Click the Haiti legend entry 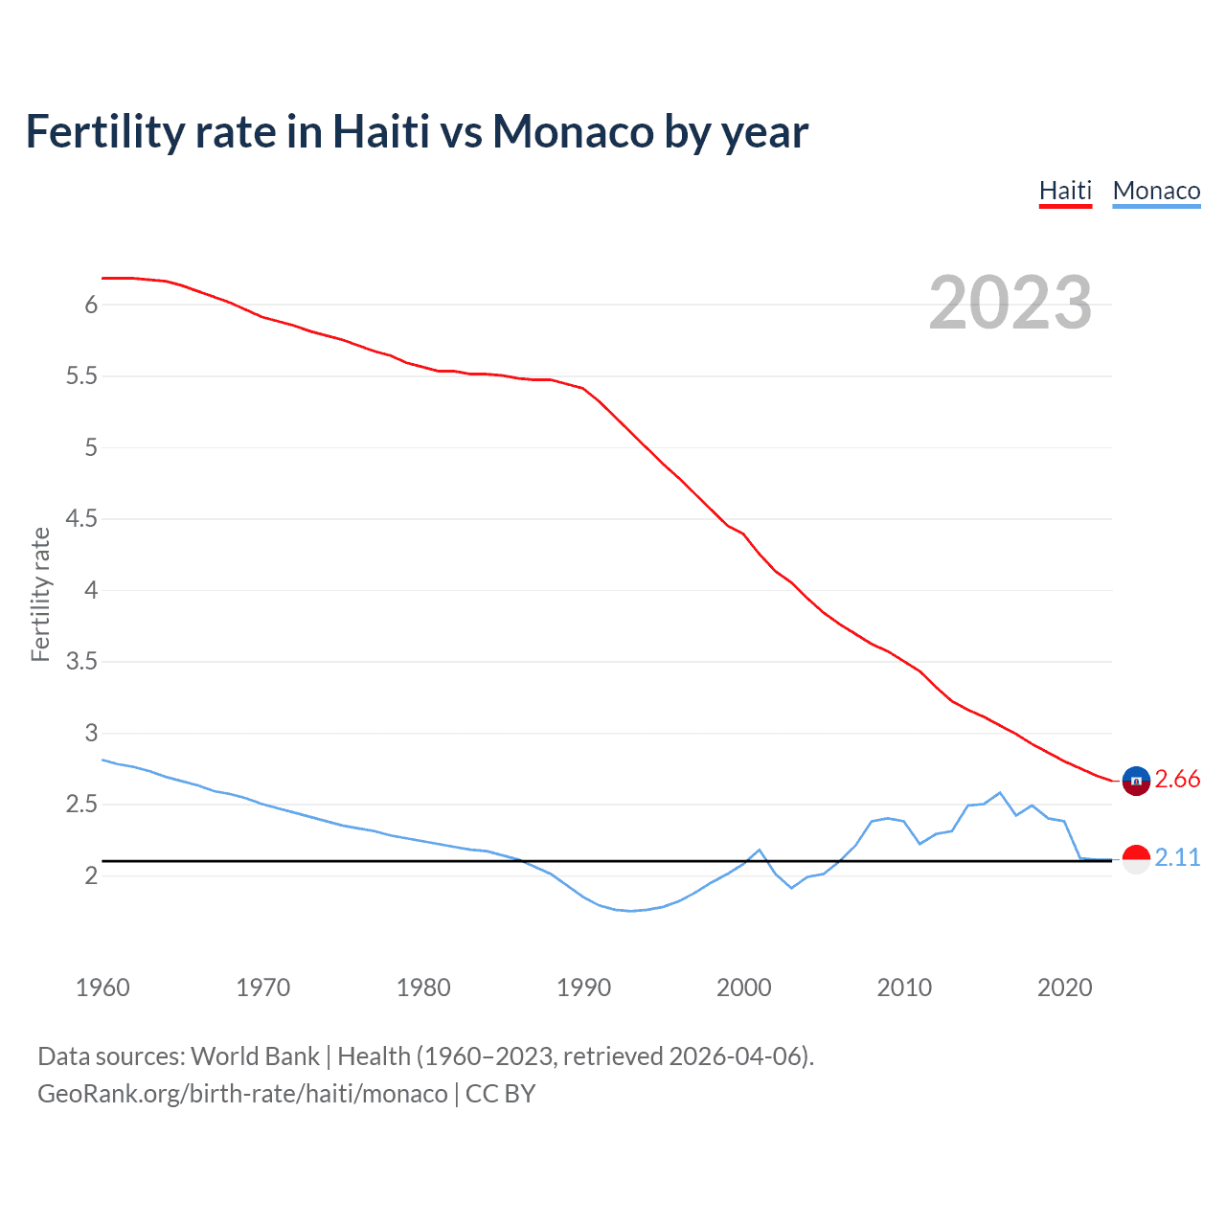(x=1065, y=191)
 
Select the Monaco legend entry (x=1156, y=191)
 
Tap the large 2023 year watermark (x=1010, y=303)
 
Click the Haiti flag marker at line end (x=1136, y=781)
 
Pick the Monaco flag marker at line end (x=1136, y=859)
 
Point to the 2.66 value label (x=1177, y=780)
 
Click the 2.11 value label (x=1177, y=857)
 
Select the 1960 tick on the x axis (x=102, y=988)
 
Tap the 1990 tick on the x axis (x=583, y=988)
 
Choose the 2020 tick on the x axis (x=1064, y=988)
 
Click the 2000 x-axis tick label (x=743, y=988)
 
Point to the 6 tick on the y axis (x=92, y=305)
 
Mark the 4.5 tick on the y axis (x=81, y=519)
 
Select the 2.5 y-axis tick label (x=81, y=805)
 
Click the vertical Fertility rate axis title (x=40, y=594)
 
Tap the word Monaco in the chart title (x=572, y=131)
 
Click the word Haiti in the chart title (x=380, y=131)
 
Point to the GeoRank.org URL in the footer (x=242, y=1093)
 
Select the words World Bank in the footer (x=255, y=1056)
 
